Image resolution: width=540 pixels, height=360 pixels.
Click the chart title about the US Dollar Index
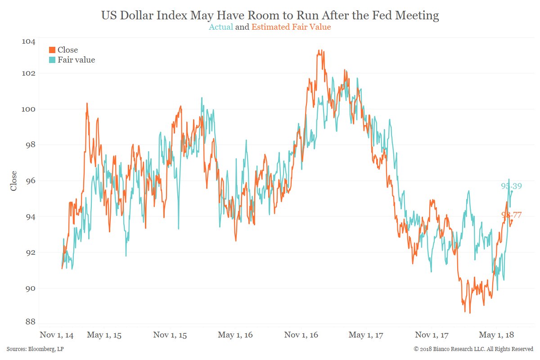[x=270, y=15]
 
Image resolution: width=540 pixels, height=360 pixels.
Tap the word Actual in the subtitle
[x=221, y=27]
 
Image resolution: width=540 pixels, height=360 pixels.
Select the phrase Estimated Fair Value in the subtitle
[x=291, y=27]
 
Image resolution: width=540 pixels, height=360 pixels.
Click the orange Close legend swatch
[x=52, y=50]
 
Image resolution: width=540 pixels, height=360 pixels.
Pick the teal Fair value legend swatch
[x=52, y=59]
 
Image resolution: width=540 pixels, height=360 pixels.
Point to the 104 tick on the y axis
[x=28, y=41]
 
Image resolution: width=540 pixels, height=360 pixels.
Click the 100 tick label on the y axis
[x=28, y=109]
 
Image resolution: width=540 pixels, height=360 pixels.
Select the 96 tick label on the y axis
[x=28, y=181]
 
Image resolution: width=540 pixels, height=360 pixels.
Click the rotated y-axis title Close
[x=13, y=181]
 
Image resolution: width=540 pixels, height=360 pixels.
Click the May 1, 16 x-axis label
[x=235, y=335]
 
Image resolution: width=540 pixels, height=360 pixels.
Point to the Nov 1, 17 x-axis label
[x=432, y=335]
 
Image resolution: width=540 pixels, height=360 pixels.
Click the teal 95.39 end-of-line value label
[x=511, y=186]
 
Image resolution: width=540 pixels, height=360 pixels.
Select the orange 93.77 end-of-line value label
[x=511, y=215]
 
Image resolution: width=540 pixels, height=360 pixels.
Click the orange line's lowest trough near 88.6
[x=470, y=313]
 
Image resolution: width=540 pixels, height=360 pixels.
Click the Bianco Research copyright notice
[x=473, y=349]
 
